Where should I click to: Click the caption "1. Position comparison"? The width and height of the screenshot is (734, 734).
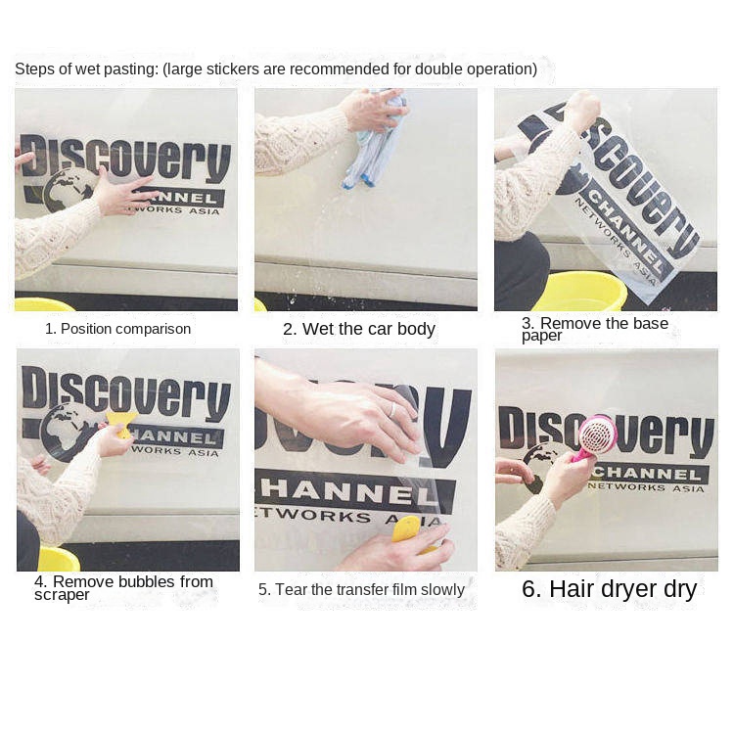point(118,329)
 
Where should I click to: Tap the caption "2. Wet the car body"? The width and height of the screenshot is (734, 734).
point(359,329)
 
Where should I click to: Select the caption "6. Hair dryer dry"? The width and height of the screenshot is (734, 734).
point(609,589)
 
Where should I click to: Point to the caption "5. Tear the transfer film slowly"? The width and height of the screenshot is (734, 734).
point(361,589)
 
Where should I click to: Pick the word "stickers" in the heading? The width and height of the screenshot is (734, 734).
point(232,69)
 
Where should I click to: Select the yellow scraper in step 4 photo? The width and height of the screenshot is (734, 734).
point(121,423)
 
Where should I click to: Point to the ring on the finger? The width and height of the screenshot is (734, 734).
point(392,410)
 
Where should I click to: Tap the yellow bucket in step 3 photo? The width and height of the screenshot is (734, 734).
point(580,292)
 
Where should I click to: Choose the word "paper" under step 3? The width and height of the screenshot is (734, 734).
point(541,337)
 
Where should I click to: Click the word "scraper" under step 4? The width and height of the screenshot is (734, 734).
point(62,595)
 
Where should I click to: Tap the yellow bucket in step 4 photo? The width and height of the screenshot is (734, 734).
point(59,559)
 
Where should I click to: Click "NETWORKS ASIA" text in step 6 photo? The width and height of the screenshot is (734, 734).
point(646,487)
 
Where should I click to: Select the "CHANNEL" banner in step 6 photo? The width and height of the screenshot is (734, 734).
point(649,474)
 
